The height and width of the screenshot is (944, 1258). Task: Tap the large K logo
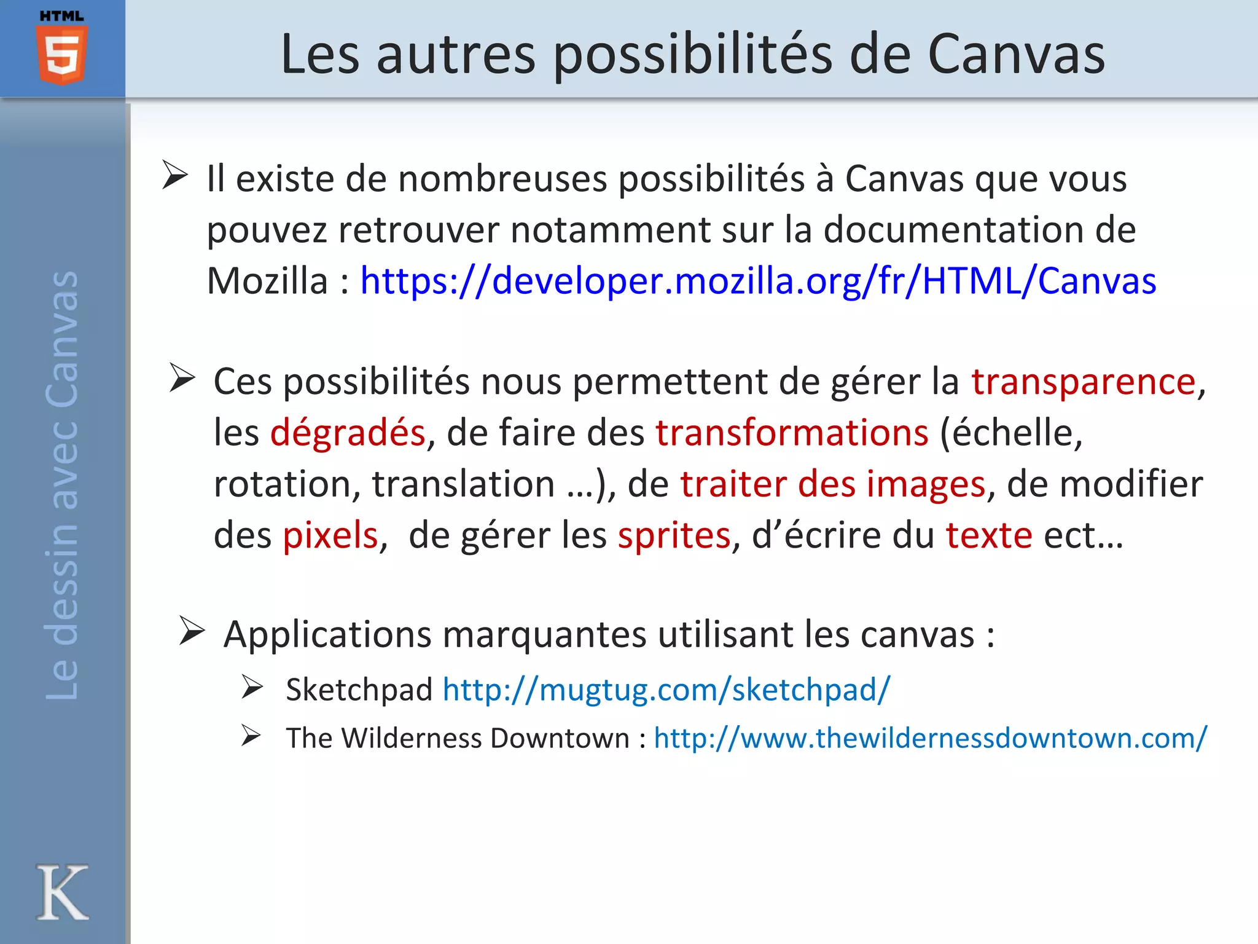(x=62, y=892)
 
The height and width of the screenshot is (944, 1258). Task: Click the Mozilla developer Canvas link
(x=758, y=281)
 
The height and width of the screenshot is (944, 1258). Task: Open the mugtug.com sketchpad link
(x=666, y=690)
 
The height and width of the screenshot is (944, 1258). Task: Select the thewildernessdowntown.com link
(x=930, y=738)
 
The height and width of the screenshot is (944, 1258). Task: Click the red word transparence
(x=1084, y=382)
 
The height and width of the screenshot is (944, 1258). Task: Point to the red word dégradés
(x=348, y=433)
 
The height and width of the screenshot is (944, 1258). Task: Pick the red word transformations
(x=792, y=433)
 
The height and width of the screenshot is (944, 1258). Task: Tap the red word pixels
(x=330, y=535)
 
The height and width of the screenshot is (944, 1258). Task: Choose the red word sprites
(x=674, y=535)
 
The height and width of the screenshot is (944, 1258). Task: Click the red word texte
(x=989, y=535)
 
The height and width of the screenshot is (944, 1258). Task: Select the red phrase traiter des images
(x=832, y=484)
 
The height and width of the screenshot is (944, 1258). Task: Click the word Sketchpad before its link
(x=359, y=690)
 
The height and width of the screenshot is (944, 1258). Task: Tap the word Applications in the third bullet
(x=327, y=635)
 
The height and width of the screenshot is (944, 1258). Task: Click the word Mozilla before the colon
(x=267, y=281)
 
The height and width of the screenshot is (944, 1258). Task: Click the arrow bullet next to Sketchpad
(x=252, y=687)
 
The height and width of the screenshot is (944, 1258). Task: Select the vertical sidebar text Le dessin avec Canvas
(x=62, y=486)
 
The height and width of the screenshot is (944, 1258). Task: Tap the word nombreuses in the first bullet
(x=502, y=179)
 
